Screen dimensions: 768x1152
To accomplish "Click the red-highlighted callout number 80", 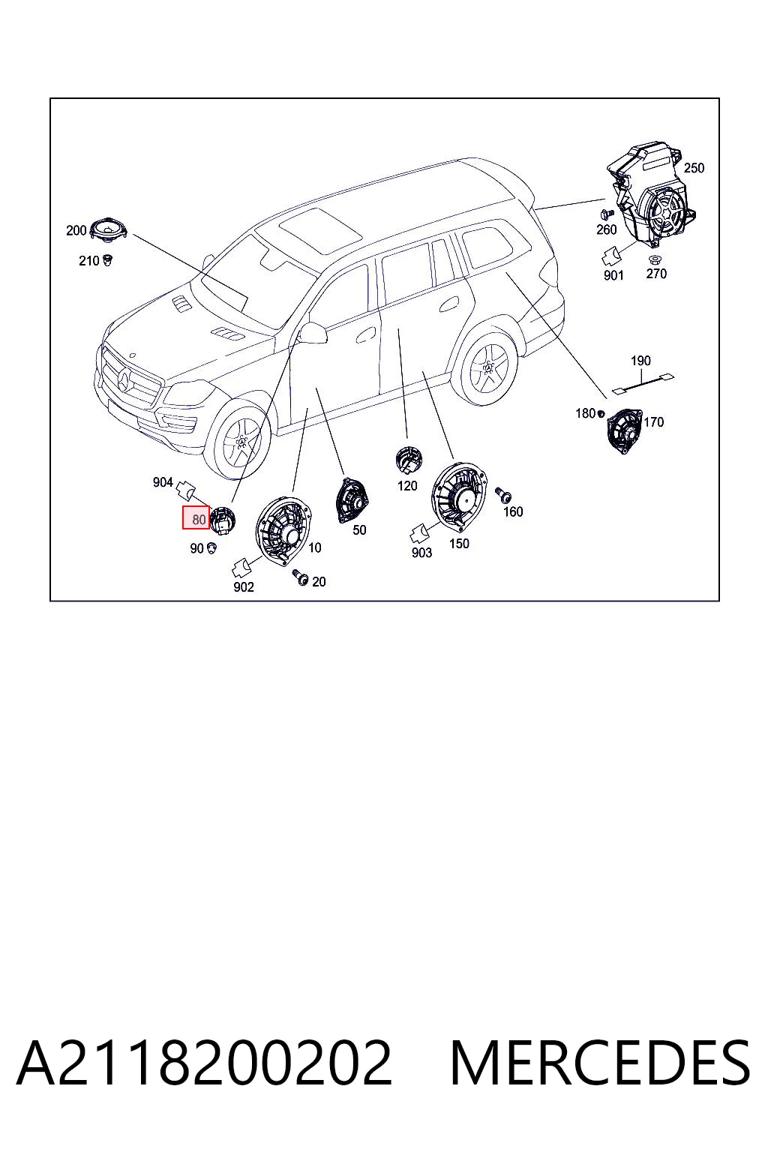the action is [199, 520].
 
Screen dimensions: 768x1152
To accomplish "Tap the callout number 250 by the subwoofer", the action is [694, 168].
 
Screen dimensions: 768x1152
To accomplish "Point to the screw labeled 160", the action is [503, 495].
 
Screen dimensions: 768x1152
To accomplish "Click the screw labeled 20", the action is [300, 577].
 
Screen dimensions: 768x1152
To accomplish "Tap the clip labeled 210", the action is [107, 260].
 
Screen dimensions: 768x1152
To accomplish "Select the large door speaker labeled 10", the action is [283, 530].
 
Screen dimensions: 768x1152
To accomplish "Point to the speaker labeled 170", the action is [624, 430].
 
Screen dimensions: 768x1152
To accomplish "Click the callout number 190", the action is [640, 361].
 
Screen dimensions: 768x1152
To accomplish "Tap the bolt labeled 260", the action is [607, 213].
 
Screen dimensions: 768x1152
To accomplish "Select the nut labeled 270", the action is [655, 259].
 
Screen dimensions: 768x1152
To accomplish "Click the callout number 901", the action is [613, 276].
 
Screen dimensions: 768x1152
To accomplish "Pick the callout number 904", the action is [163, 482].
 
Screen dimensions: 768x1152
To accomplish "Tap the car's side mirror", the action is [313, 333].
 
